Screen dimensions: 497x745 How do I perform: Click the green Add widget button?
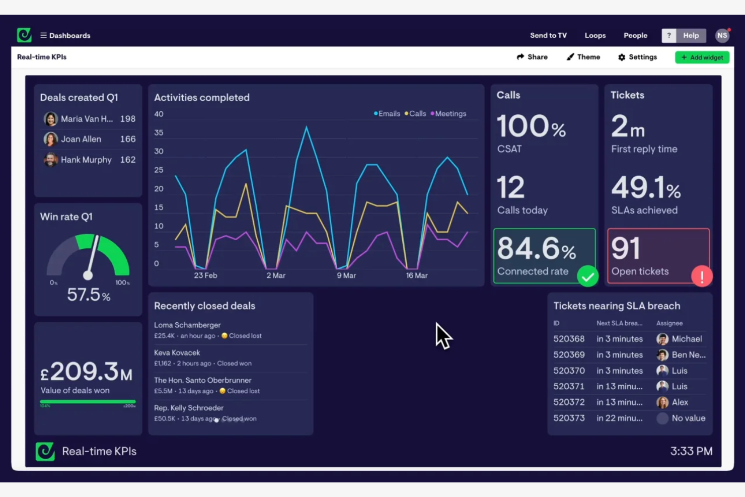(x=702, y=57)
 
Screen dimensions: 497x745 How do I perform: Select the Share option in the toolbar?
(x=532, y=57)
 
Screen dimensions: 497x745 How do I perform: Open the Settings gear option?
(x=637, y=57)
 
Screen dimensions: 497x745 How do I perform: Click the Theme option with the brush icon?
(x=583, y=57)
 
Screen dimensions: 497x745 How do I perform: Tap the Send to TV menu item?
(x=548, y=35)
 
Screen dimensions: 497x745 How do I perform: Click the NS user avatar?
(x=722, y=35)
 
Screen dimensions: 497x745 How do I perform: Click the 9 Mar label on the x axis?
(x=346, y=275)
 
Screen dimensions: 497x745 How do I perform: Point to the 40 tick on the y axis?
(x=159, y=114)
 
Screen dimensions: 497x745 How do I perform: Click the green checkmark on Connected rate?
(x=587, y=276)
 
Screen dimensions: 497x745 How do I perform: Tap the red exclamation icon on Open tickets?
(x=701, y=276)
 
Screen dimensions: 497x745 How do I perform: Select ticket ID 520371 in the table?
(x=569, y=386)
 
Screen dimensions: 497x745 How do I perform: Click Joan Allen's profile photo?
(x=50, y=139)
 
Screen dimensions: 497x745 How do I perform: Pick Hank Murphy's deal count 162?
(x=127, y=160)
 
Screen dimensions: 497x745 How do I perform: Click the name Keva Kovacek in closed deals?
(x=177, y=352)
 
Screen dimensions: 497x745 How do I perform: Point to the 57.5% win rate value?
(x=89, y=295)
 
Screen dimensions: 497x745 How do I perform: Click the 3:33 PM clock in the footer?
(x=691, y=451)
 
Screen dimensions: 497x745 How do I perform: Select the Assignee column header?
(x=669, y=323)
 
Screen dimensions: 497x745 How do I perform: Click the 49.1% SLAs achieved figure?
(x=645, y=188)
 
